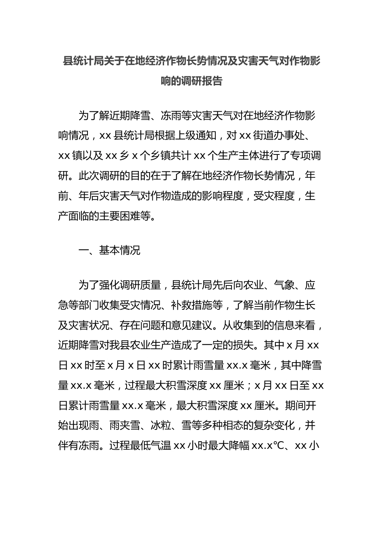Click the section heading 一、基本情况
[109, 250]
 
